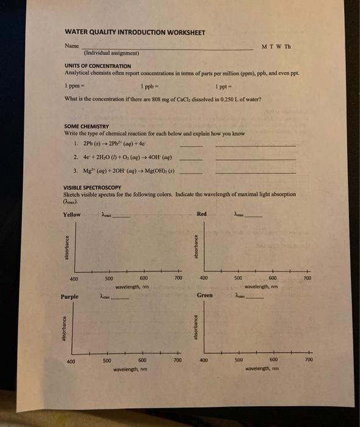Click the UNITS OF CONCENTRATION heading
coord(98,65)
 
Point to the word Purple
coord(70,296)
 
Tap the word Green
coord(205,296)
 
